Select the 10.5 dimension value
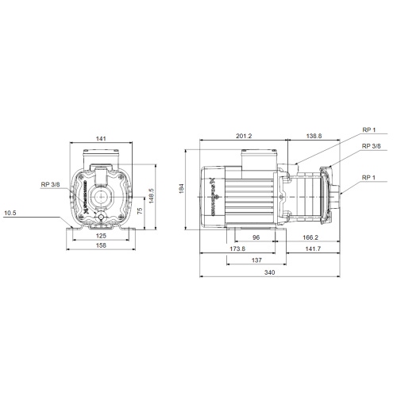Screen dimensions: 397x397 click(x=10, y=212)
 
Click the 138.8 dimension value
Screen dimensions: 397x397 click(x=314, y=137)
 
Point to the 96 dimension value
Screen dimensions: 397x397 click(x=256, y=237)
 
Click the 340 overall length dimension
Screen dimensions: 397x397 click(x=270, y=272)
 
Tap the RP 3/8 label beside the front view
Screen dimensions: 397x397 click(x=50, y=184)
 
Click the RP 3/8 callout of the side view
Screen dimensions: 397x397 click(x=371, y=146)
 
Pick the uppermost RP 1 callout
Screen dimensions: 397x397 click(x=368, y=130)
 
